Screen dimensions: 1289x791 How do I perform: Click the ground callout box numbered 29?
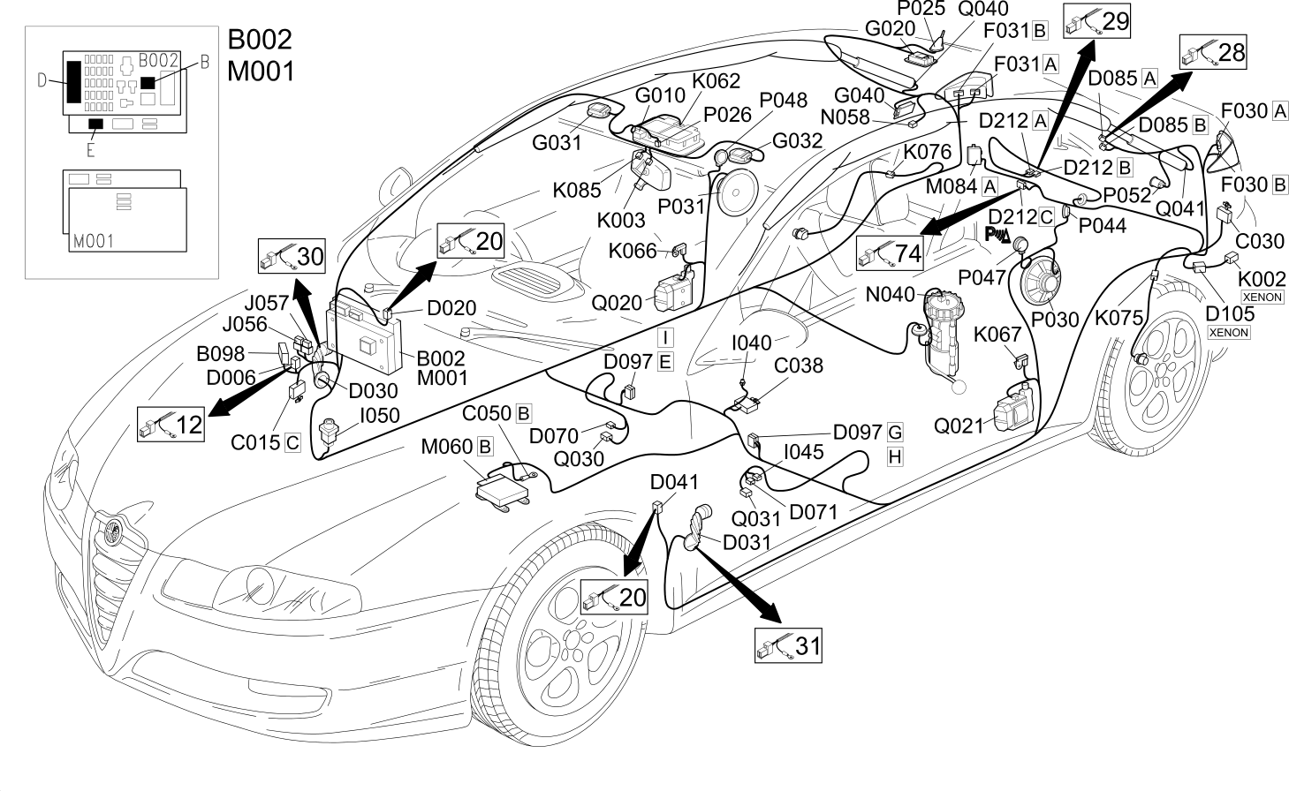pos(1096,20)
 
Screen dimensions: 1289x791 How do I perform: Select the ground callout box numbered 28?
pos(1213,52)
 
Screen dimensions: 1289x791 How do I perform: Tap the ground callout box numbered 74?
pos(890,253)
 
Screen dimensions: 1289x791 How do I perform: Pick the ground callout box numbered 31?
pos(788,645)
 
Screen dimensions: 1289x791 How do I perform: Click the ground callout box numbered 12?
pos(171,425)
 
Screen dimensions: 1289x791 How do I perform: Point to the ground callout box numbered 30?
pos(292,256)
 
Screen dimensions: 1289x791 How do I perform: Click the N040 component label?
pos(891,294)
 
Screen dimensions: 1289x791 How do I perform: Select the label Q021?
pos(959,426)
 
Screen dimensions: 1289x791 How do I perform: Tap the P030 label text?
pos(1055,320)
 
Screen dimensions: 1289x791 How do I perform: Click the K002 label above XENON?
pos(1262,279)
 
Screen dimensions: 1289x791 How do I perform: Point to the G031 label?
pos(557,142)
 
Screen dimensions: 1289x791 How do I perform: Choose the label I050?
pos(380,415)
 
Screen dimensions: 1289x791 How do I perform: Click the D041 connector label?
pos(674,482)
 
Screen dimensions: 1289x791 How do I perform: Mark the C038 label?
pos(799,365)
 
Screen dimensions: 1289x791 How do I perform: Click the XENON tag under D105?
pos(1229,332)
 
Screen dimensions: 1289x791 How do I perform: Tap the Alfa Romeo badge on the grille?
pos(113,531)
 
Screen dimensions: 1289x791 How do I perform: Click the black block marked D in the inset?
pos(73,81)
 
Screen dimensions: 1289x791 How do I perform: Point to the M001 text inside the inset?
pos(94,241)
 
